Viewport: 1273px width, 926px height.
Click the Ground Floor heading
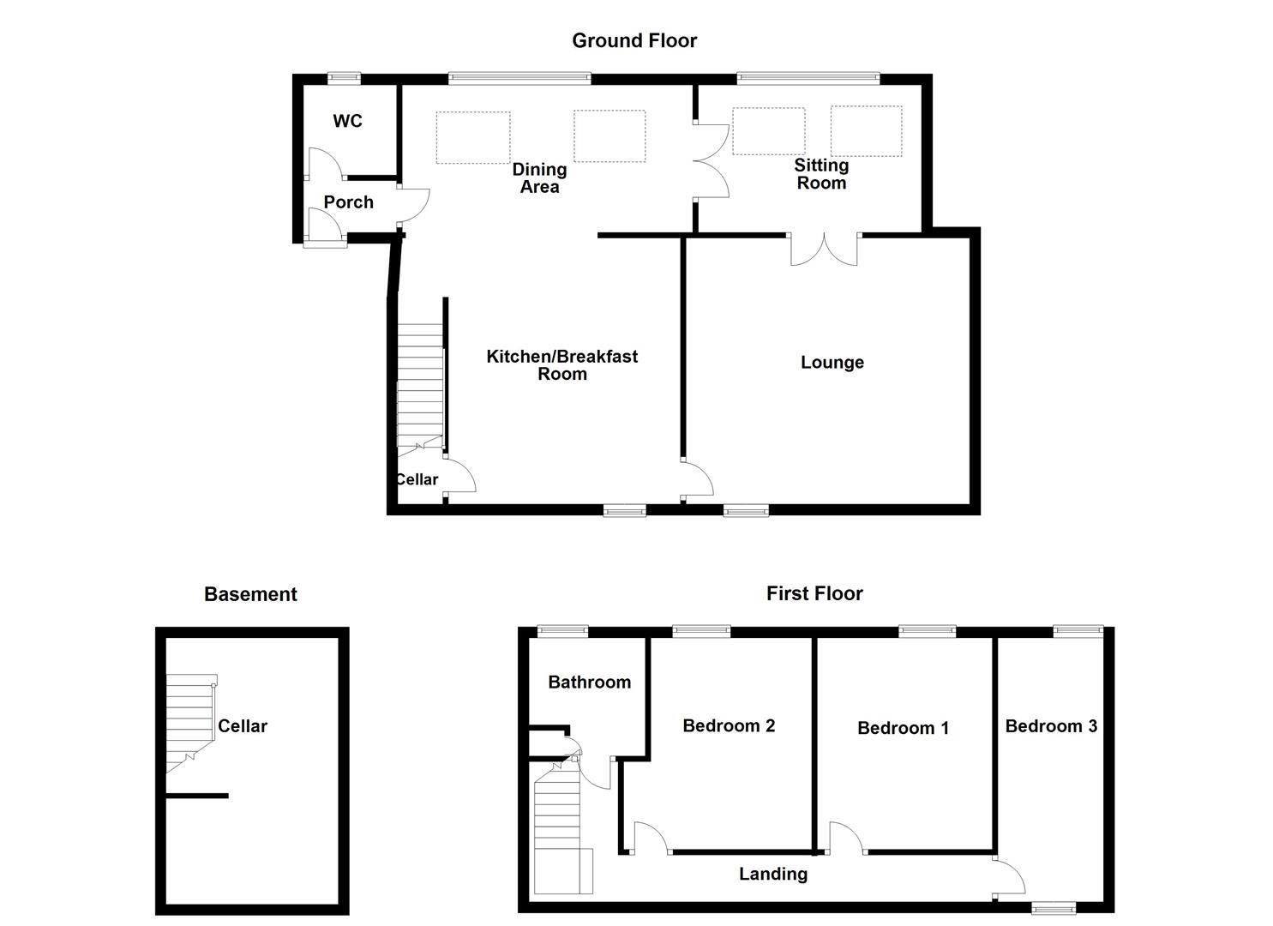point(634,40)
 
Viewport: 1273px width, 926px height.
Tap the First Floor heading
point(814,593)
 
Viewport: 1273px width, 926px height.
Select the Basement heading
point(250,594)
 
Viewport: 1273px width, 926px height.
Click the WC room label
point(347,121)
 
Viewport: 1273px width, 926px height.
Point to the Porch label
point(348,202)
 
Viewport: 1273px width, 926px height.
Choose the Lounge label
point(832,363)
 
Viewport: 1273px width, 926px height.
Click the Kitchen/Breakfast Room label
point(561,365)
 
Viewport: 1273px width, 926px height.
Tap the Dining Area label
point(539,178)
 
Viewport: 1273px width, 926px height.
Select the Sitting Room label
point(820,174)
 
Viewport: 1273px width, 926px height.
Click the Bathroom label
point(589,682)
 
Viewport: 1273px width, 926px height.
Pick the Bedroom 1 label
point(903,728)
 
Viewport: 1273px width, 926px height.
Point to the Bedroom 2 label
point(729,726)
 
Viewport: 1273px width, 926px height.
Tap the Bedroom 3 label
point(1051,726)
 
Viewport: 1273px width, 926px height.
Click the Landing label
point(773,874)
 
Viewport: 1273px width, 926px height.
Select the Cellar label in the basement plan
point(243,726)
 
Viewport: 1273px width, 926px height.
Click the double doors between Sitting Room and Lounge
point(824,249)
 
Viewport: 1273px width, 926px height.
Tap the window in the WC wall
point(344,78)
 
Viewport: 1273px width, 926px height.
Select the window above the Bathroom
point(562,632)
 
